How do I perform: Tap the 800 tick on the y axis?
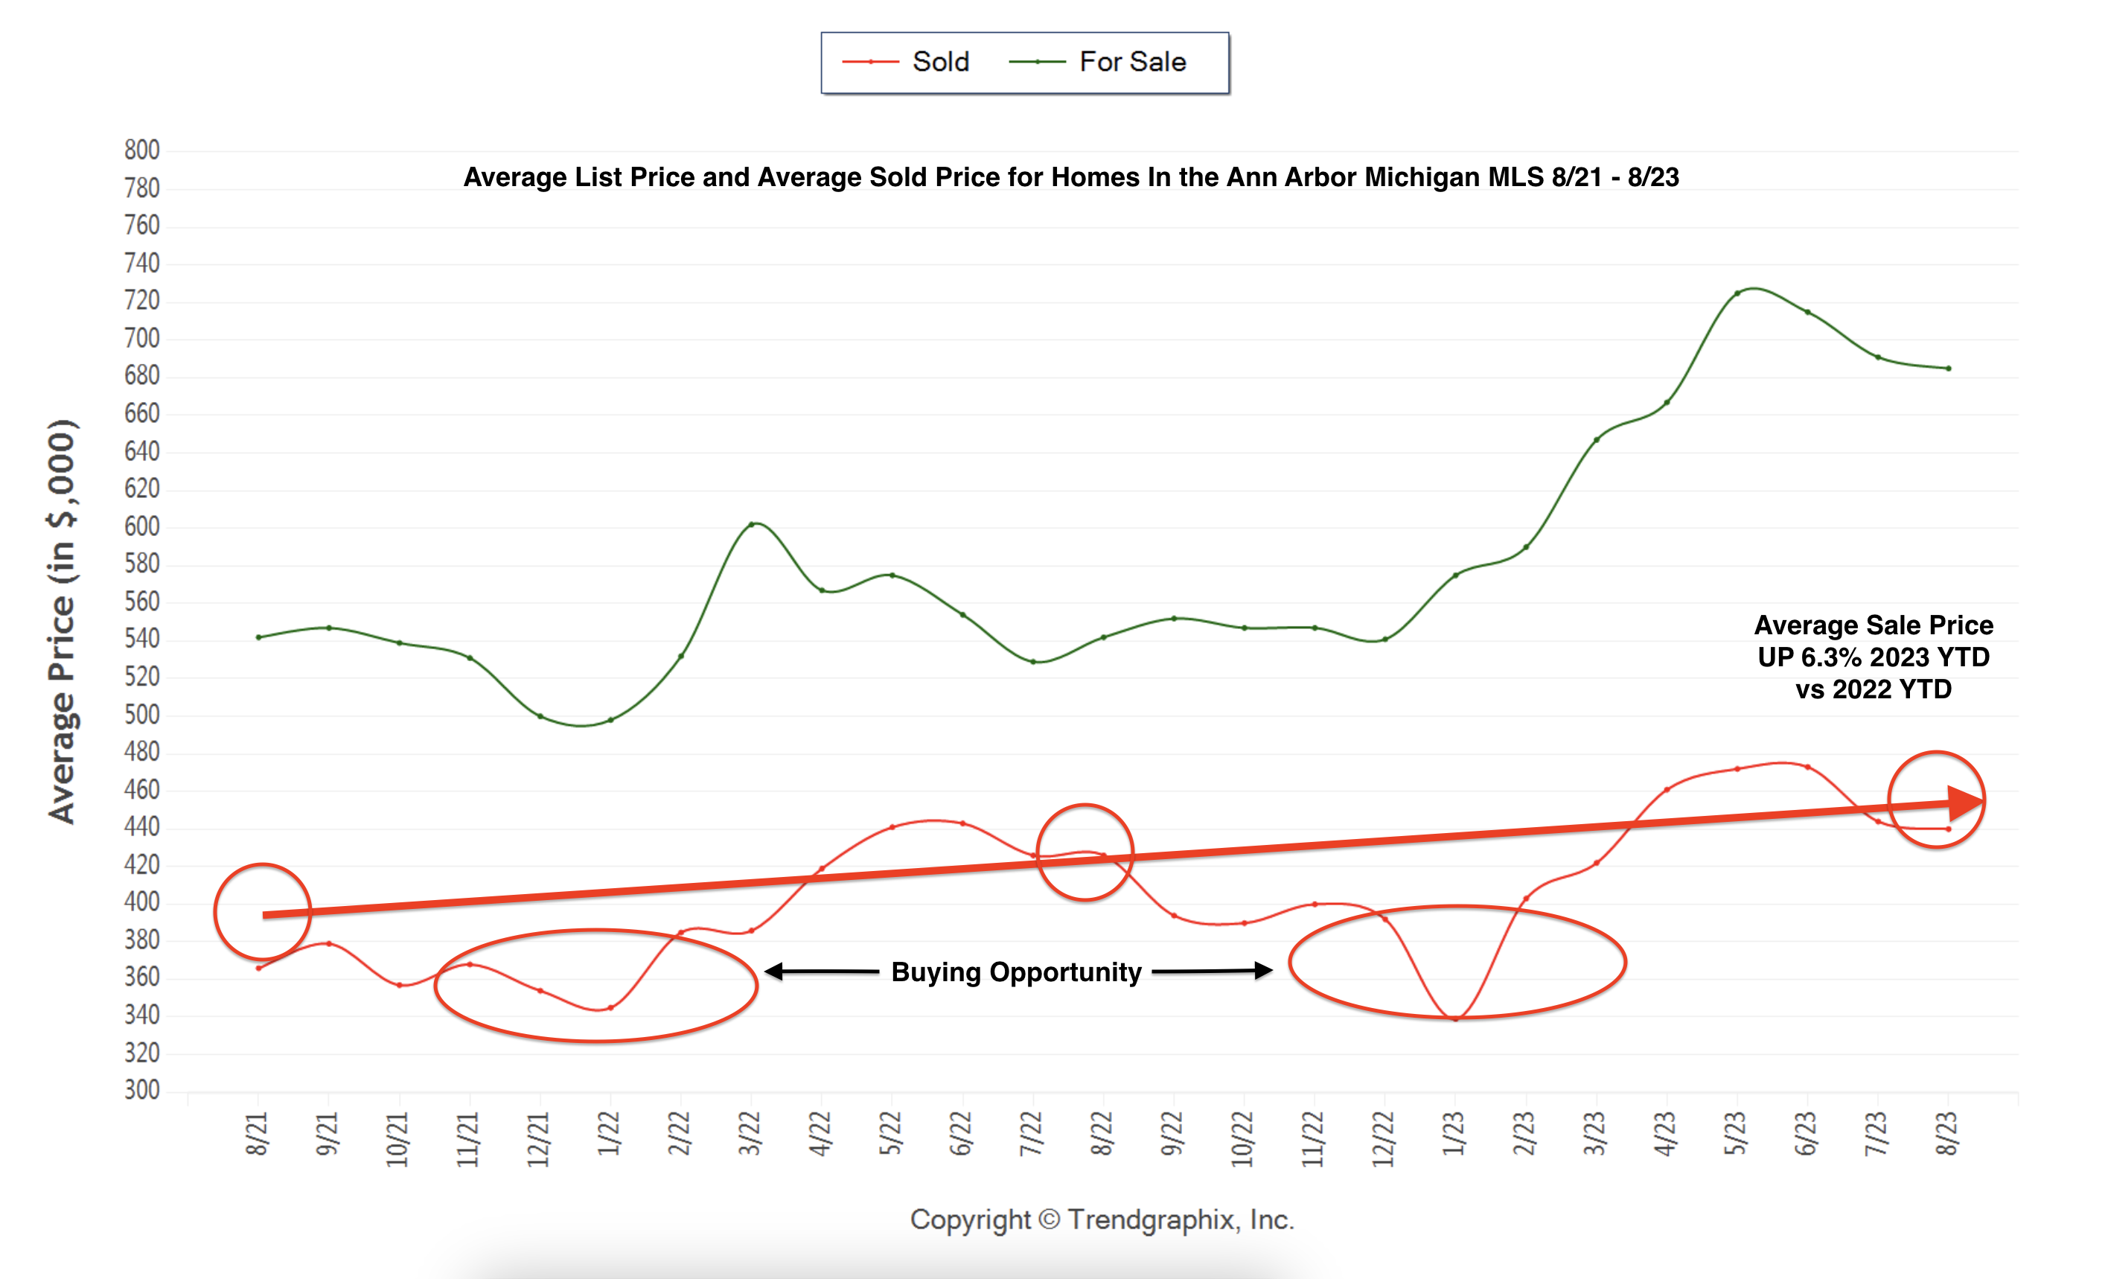pyautogui.click(x=142, y=150)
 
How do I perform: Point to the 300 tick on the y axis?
pyautogui.click(x=142, y=1090)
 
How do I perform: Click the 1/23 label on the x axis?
pyautogui.click(x=1454, y=1135)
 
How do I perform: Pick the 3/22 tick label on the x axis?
pyautogui.click(x=750, y=1135)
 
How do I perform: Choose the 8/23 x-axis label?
pyautogui.click(x=1947, y=1135)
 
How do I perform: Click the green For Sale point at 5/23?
pyautogui.click(x=1737, y=294)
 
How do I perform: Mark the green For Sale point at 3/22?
pyautogui.click(x=751, y=525)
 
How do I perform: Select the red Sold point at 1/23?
pyautogui.click(x=1456, y=1018)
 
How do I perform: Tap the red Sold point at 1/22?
pyautogui.click(x=610, y=1008)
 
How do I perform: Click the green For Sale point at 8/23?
pyautogui.click(x=1949, y=369)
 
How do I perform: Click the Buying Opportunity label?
pyautogui.click(x=1016, y=972)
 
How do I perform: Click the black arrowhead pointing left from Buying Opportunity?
pyautogui.click(x=773, y=972)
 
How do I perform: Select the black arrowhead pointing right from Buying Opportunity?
pyautogui.click(x=1263, y=971)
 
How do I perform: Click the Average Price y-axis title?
pyautogui.click(x=62, y=621)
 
